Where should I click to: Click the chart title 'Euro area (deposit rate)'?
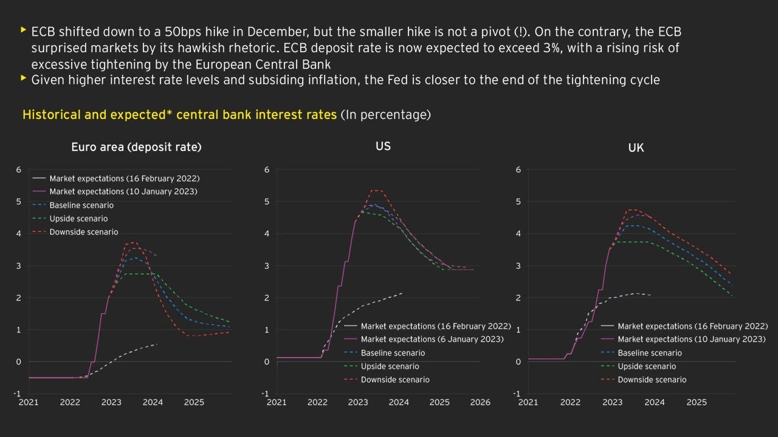coord(136,147)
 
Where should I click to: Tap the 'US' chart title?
coord(383,146)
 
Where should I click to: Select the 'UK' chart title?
coord(636,147)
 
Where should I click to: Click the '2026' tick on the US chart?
coord(480,402)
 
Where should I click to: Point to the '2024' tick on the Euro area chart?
coord(153,402)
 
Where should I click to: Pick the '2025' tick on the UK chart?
coord(696,402)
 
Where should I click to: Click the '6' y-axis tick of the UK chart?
coord(518,169)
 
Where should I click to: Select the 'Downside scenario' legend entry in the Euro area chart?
coord(83,232)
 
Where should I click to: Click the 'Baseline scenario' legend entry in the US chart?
coord(393,353)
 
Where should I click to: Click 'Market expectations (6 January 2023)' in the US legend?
coord(432,339)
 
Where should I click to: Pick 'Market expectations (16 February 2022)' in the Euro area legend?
coord(124,178)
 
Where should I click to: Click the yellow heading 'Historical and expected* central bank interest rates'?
coord(179,115)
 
